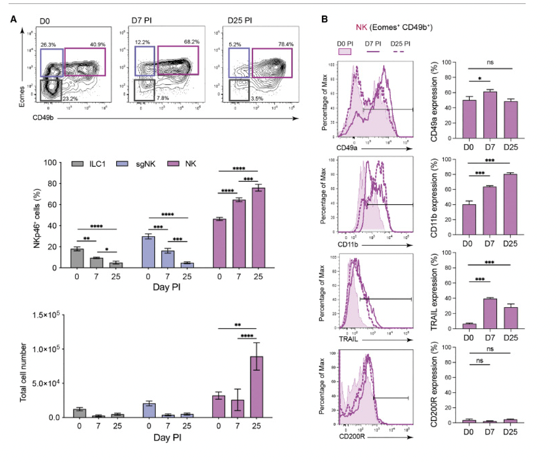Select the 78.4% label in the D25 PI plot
(x=279, y=43)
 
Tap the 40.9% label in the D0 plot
(x=91, y=43)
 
